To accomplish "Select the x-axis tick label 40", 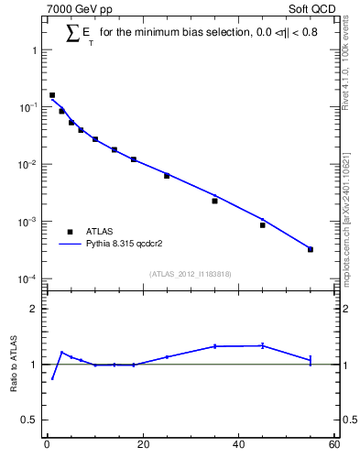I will pos(238,446).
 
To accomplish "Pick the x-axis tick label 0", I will pos(47,446).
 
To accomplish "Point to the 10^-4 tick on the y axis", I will pos(30,278).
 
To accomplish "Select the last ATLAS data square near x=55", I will pos(311,249).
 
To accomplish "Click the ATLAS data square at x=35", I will pos(214,201).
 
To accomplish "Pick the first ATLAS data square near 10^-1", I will pos(52,95).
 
